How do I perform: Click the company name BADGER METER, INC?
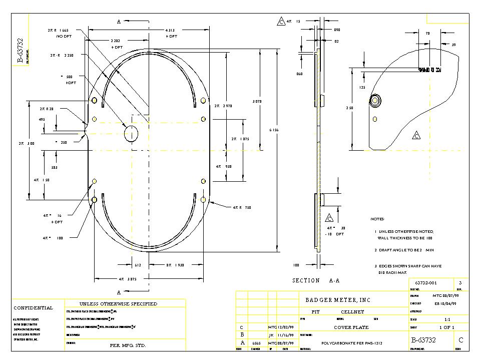click(x=338, y=300)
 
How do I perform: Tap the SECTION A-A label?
click(x=316, y=281)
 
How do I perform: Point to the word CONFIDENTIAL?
click(x=33, y=308)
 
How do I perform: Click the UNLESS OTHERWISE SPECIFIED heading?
click(x=118, y=304)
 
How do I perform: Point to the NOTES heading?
click(x=377, y=219)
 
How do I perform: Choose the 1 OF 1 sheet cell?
click(x=446, y=327)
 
